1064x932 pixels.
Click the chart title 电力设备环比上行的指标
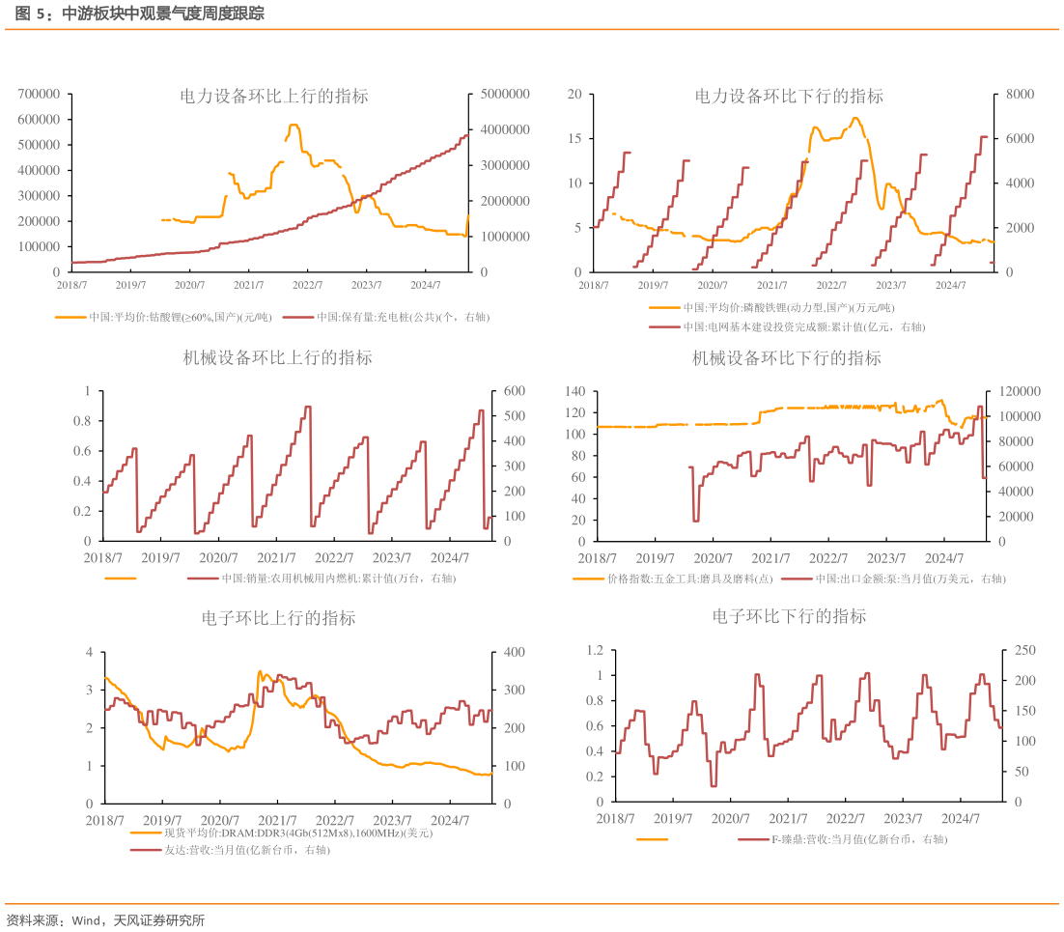274,97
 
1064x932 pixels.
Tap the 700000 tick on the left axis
40,94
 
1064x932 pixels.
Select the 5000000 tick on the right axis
503,94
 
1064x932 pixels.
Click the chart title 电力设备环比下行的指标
789,97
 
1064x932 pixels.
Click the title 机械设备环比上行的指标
278,358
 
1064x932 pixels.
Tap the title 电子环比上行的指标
278,618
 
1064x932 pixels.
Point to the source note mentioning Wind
105,920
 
